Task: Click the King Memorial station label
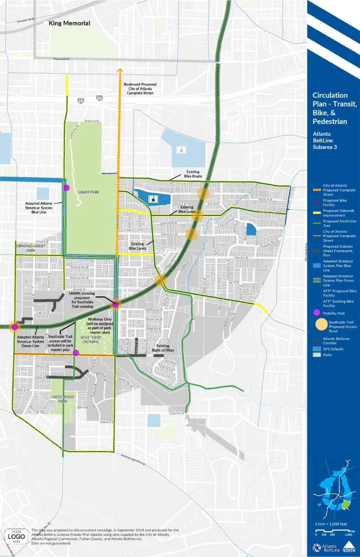pyautogui.click(x=70, y=23)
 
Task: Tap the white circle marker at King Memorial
pyautogui.click(x=45, y=23)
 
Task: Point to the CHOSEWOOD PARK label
pyautogui.click(x=60, y=398)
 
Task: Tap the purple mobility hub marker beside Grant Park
pyautogui.click(x=67, y=188)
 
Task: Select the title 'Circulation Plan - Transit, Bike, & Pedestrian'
pyautogui.click(x=333, y=108)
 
